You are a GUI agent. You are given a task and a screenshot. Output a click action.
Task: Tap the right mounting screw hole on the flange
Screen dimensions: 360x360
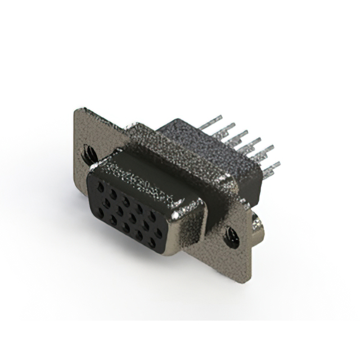231,236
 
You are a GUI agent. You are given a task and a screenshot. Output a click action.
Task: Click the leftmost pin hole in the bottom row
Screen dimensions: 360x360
101,212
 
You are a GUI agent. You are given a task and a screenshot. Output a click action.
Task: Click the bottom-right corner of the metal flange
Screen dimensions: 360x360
246,282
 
